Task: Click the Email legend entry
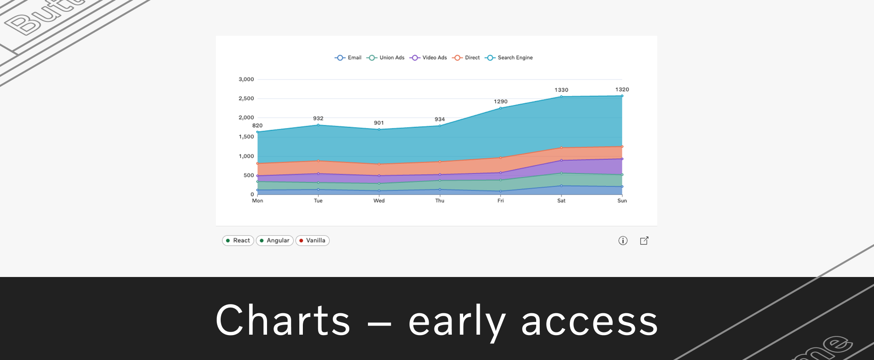click(348, 58)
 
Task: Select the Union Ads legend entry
click(385, 58)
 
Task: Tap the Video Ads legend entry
click(428, 58)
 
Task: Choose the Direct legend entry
click(466, 58)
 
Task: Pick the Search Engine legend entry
click(509, 58)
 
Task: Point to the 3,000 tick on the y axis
click(246, 80)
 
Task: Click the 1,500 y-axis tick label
click(246, 137)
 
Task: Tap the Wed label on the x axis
click(379, 201)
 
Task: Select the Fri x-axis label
click(500, 201)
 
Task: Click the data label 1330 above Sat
click(561, 90)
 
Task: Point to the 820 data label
click(257, 126)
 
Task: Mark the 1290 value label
click(500, 102)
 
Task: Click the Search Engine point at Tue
click(318, 125)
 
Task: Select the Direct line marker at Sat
click(561, 148)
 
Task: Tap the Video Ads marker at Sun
click(622, 159)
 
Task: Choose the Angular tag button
click(274, 241)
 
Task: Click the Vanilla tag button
click(312, 241)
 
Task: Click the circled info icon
click(623, 241)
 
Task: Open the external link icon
click(644, 241)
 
